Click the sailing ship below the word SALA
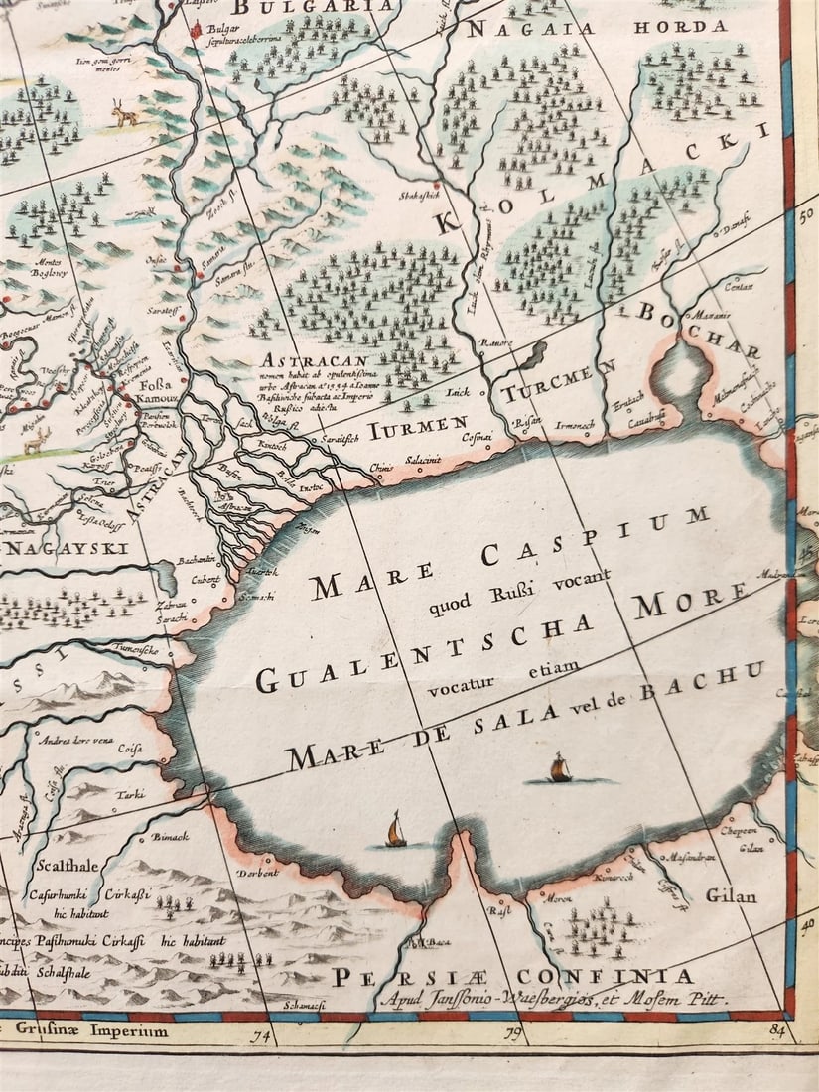coord(561,768)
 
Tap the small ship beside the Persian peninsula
coord(396,830)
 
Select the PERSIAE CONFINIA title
coord(512,975)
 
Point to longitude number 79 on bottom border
coord(512,1037)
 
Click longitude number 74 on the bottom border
coord(263,1037)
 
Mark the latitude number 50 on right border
coord(805,211)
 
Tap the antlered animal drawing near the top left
coord(124,115)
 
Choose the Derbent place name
coord(257,874)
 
